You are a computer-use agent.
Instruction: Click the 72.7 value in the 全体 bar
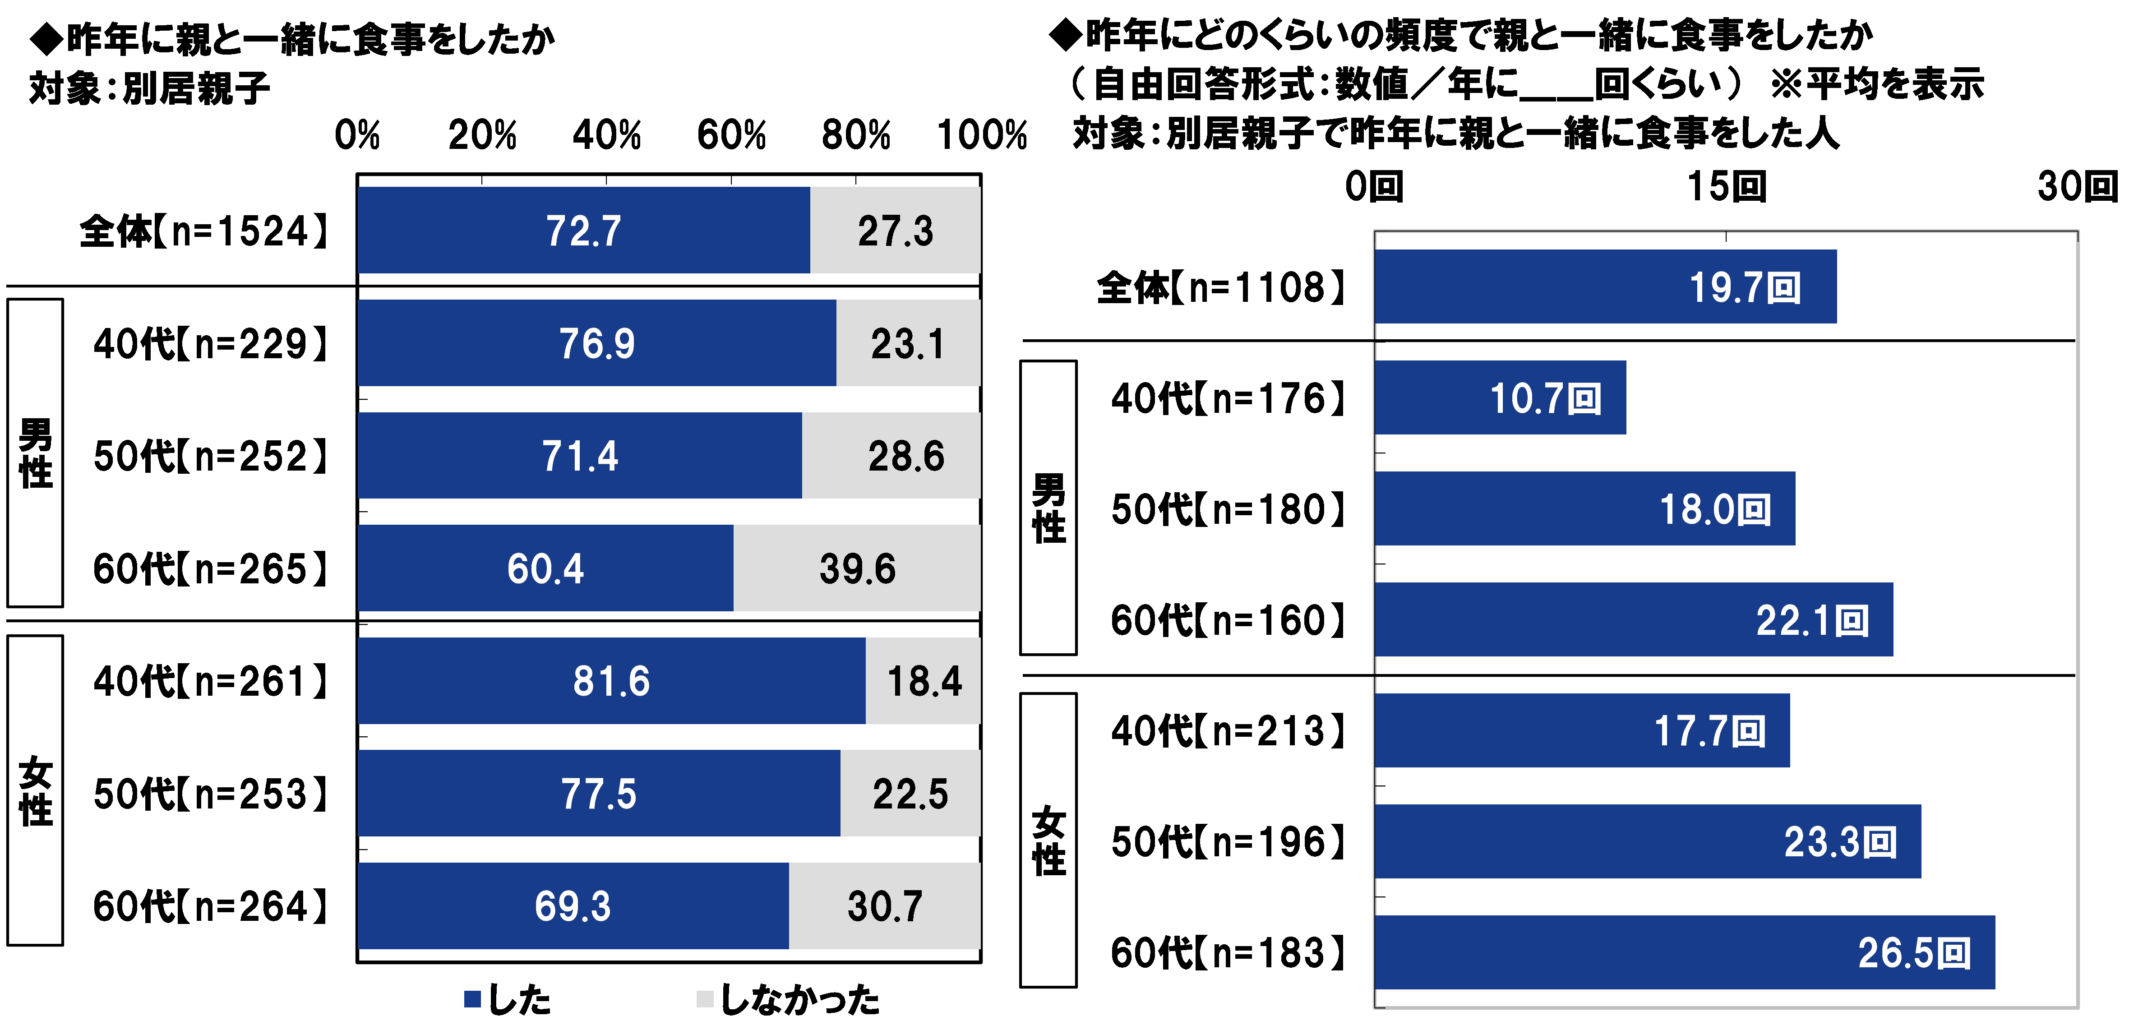583,231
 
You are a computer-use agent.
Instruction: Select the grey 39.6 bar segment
857,569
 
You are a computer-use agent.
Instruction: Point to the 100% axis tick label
982,135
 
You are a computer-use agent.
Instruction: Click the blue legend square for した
472,999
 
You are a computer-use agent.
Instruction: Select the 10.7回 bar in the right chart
1500,397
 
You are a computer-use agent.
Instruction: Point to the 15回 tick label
1726,186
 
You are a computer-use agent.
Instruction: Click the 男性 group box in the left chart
35,453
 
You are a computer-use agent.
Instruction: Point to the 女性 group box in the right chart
1048,841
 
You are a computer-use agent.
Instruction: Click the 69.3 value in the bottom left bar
573,906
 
